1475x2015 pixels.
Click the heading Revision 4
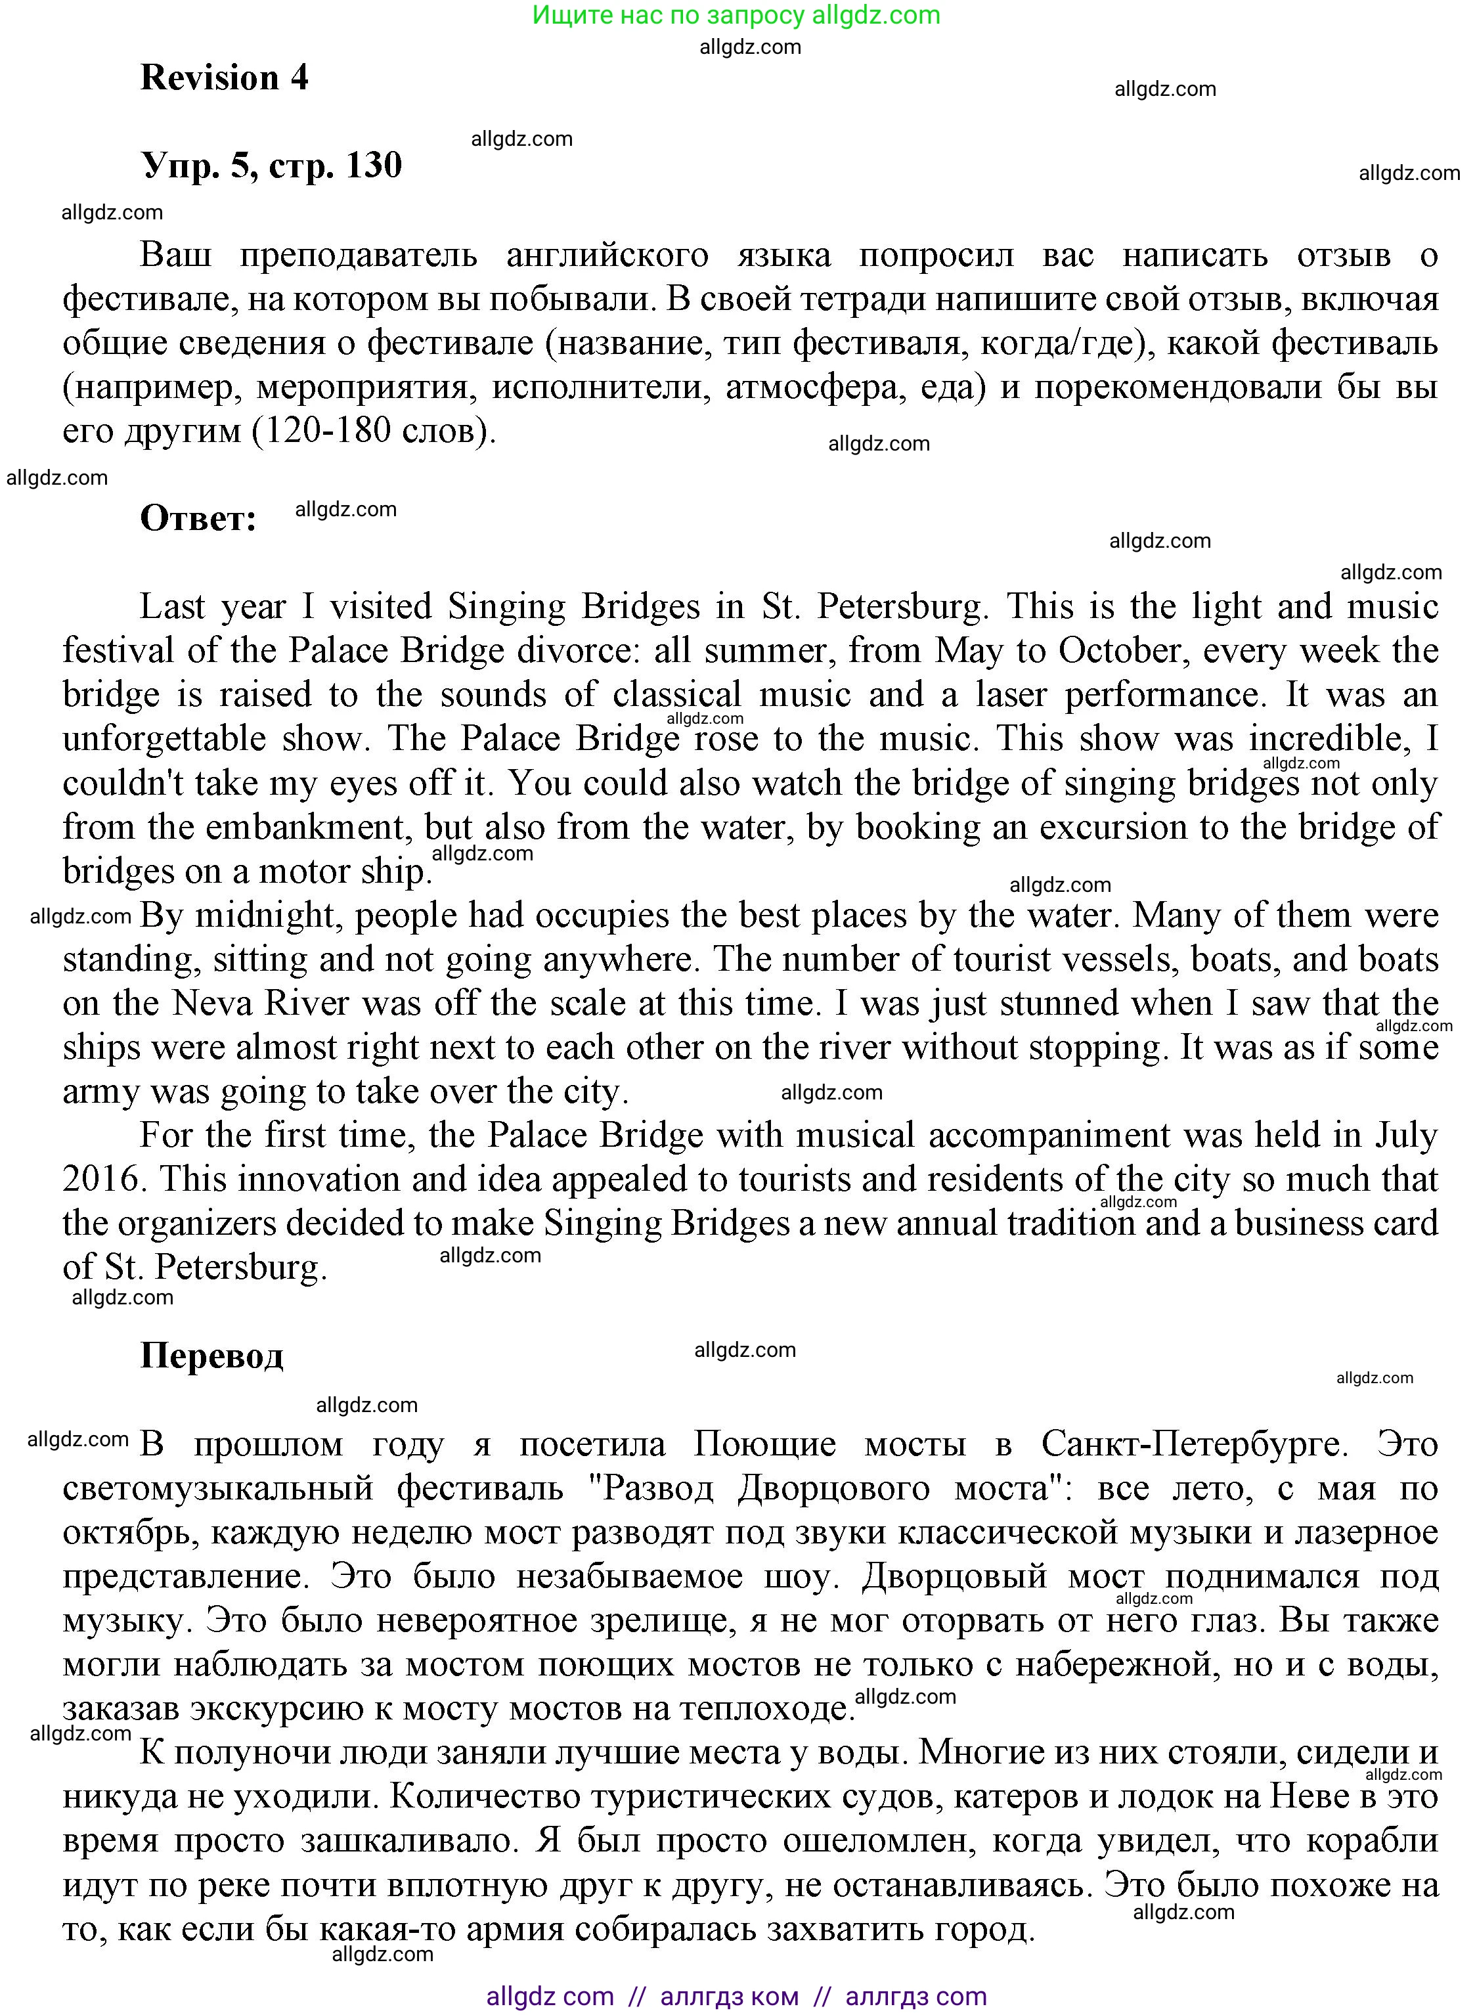pos(224,79)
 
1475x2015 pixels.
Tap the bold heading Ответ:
pos(198,518)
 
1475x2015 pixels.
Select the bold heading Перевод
pos(211,1355)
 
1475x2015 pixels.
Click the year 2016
pos(102,1180)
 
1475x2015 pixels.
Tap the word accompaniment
pos(1048,1136)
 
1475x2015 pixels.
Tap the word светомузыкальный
pos(217,1488)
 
